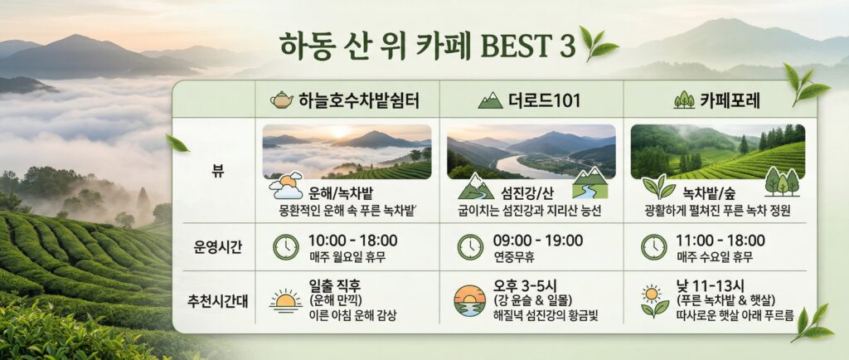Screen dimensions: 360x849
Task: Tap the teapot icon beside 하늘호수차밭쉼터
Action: coord(282,101)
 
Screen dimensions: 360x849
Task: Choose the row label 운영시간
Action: coord(213,246)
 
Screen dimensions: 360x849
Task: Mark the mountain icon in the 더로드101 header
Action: coord(491,101)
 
